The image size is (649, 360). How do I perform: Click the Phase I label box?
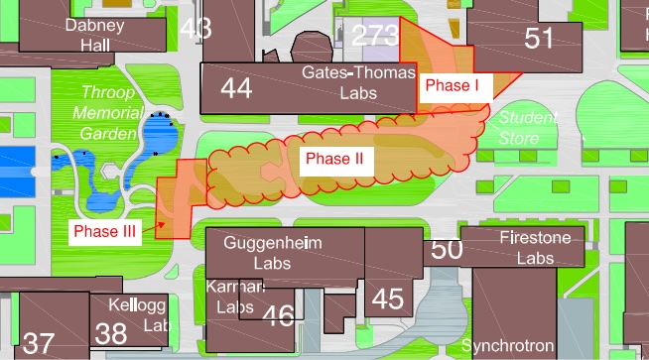452,86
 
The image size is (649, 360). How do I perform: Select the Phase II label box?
334,159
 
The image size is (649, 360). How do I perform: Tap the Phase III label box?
103,230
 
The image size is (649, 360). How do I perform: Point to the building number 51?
539,38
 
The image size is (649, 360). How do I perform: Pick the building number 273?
375,37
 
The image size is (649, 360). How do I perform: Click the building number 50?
448,249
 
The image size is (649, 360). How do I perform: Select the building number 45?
388,298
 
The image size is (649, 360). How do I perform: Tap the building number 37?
39,343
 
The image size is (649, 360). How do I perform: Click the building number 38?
110,332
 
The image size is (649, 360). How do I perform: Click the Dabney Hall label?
94,35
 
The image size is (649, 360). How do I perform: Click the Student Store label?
527,126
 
